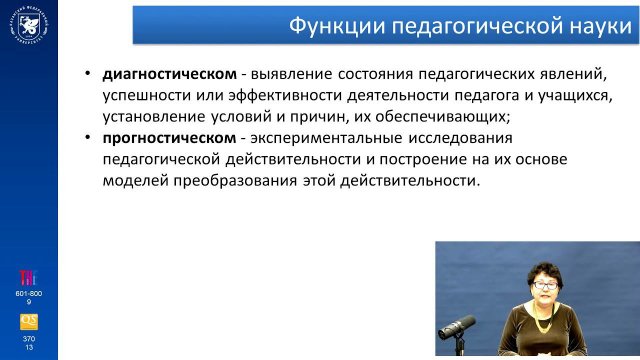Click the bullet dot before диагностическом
pyautogui.click(x=88, y=76)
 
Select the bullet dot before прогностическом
pyautogui.click(x=88, y=137)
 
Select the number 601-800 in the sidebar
pyautogui.click(x=28, y=293)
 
